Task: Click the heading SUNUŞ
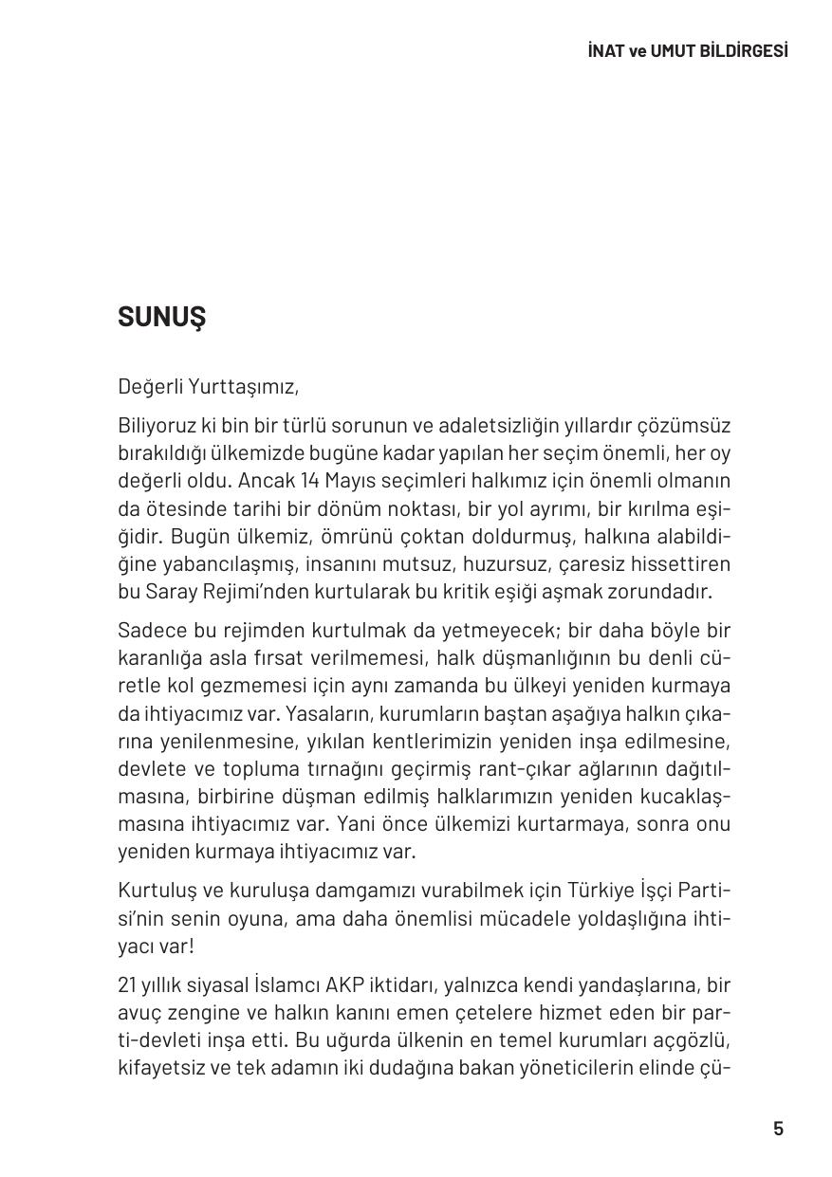(161, 318)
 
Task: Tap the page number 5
(779, 1129)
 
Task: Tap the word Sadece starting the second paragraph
(148, 631)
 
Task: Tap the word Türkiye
(603, 891)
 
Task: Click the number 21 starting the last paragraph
(127, 985)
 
